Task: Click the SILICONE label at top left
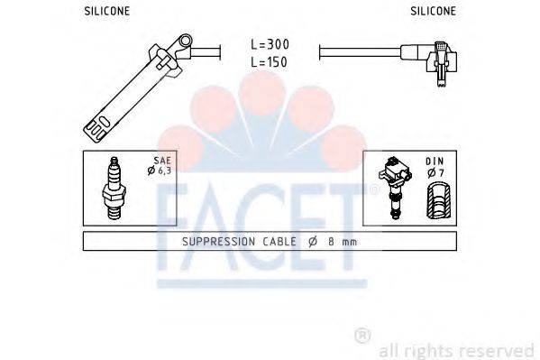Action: pyautogui.click(x=106, y=11)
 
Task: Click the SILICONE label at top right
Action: pyautogui.click(x=433, y=11)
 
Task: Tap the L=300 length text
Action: pyautogui.click(x=269, y=43)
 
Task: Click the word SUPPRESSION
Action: pyautogui.click(x=219, y=242)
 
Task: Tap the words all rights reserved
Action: pyautogui.click(x=456, y=350)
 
